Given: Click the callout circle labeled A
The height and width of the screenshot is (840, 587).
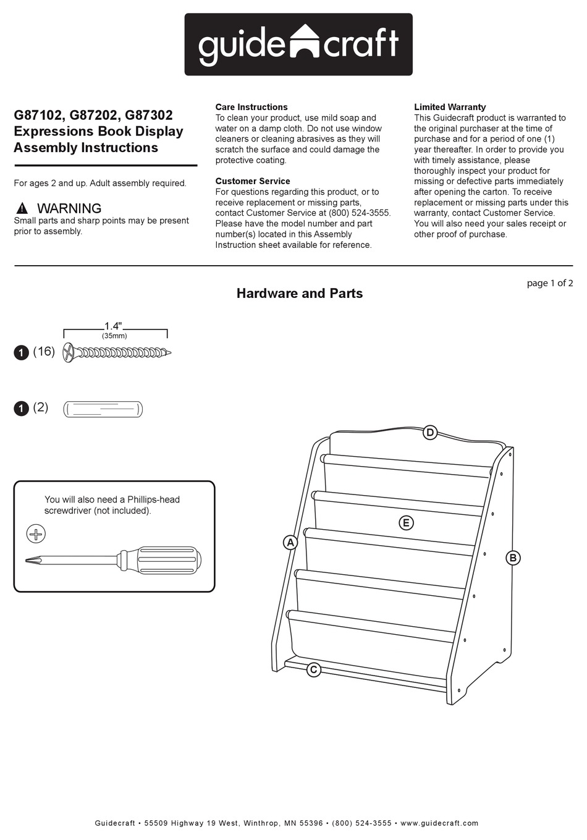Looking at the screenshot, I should point(290,543).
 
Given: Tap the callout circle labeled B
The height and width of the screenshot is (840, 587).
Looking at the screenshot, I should point(512,558).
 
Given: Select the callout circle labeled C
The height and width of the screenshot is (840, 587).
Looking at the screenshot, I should point(314,669).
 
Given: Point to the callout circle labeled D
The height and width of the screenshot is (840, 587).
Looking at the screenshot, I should point(430,433).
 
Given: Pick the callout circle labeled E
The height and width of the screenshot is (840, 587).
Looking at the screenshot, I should point(406,523).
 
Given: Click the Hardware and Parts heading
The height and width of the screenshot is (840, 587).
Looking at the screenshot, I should point(299,294).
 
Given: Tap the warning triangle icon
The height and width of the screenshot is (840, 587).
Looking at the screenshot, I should point(22,208).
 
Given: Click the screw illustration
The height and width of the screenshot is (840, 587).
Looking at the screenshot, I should point(117,353).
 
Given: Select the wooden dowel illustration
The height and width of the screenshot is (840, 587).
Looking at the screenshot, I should point(103,409).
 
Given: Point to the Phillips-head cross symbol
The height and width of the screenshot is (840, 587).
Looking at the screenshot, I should point(36,533).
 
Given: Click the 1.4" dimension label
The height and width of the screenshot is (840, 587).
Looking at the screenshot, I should point(113,326).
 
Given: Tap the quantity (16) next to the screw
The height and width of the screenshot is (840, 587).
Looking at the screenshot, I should point(44,352).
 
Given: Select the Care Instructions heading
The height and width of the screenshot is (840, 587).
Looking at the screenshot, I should point(251,107).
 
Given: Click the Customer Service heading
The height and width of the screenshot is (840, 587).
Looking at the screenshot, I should point(253,181).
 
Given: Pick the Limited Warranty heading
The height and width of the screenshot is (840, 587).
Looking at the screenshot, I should point(450,107).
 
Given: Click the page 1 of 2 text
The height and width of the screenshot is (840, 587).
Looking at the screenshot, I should point(549,283).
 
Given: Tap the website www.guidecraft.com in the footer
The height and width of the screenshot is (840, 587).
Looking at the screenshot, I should point(439,823).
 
